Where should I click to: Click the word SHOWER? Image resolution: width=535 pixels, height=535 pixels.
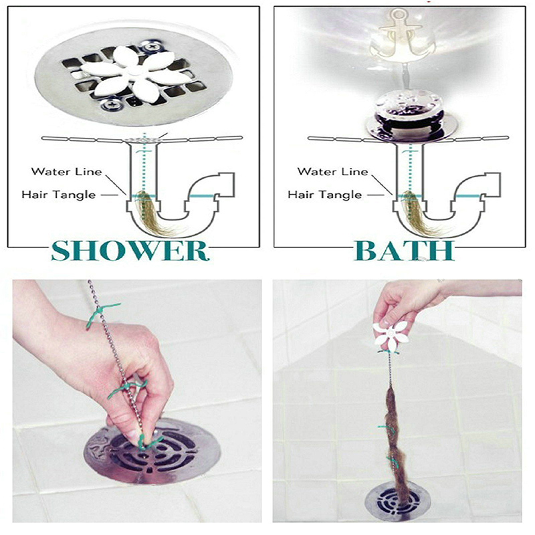(x=130, y=251)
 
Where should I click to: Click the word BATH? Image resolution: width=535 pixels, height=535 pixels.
(x=405, y=251)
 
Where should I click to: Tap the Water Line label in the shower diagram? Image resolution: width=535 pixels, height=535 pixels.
(x=66, y=171)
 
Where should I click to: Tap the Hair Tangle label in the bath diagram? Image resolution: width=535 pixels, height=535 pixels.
(x=325, y=195)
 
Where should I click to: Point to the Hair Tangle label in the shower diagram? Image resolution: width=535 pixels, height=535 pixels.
(x=59, y=195)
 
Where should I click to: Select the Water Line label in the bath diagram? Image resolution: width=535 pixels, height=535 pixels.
(x=332, y=171)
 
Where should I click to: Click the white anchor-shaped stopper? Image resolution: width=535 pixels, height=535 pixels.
(x=398, y=34)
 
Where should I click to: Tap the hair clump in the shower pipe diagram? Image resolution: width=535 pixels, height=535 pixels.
(x=148, y=211)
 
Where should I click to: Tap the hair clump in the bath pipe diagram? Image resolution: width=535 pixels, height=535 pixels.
(x=414, y=211)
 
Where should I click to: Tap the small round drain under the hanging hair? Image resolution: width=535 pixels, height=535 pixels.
(x=398, y=502)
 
